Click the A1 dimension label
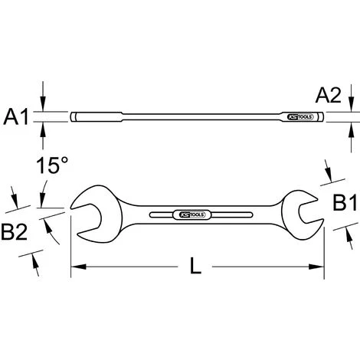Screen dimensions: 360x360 pyautogui.click(x=16, y=116)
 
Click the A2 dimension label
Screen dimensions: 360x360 pyautogui.click(x=329, y=95)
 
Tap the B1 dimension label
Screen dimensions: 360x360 pyautogui.click(x=345, y=202)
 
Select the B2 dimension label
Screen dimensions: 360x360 pyautogui.click(x=15, y=231)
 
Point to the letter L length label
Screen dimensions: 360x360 pyautogui.click(x=195, y=266)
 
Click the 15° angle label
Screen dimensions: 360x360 pyautogui.click(x=52, y=165)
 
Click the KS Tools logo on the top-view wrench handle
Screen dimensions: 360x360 pyautogui.click(x=193, y=215)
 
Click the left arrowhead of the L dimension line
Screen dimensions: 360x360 pyautogui.click(x=78, y=267)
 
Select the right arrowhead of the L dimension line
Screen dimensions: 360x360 pyautogui.click(x=316, y=267)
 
